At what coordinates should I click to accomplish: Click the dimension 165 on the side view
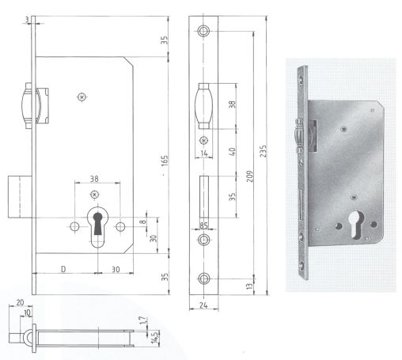point(165,160)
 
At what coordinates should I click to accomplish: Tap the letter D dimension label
point(63,270)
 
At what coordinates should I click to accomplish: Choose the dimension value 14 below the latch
point(204,153)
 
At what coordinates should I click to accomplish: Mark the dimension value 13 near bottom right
point(251,286)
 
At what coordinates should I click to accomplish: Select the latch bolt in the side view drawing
point(28,107)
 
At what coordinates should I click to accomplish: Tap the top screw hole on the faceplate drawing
point(205,31)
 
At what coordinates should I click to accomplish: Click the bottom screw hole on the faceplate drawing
point(205,278)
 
